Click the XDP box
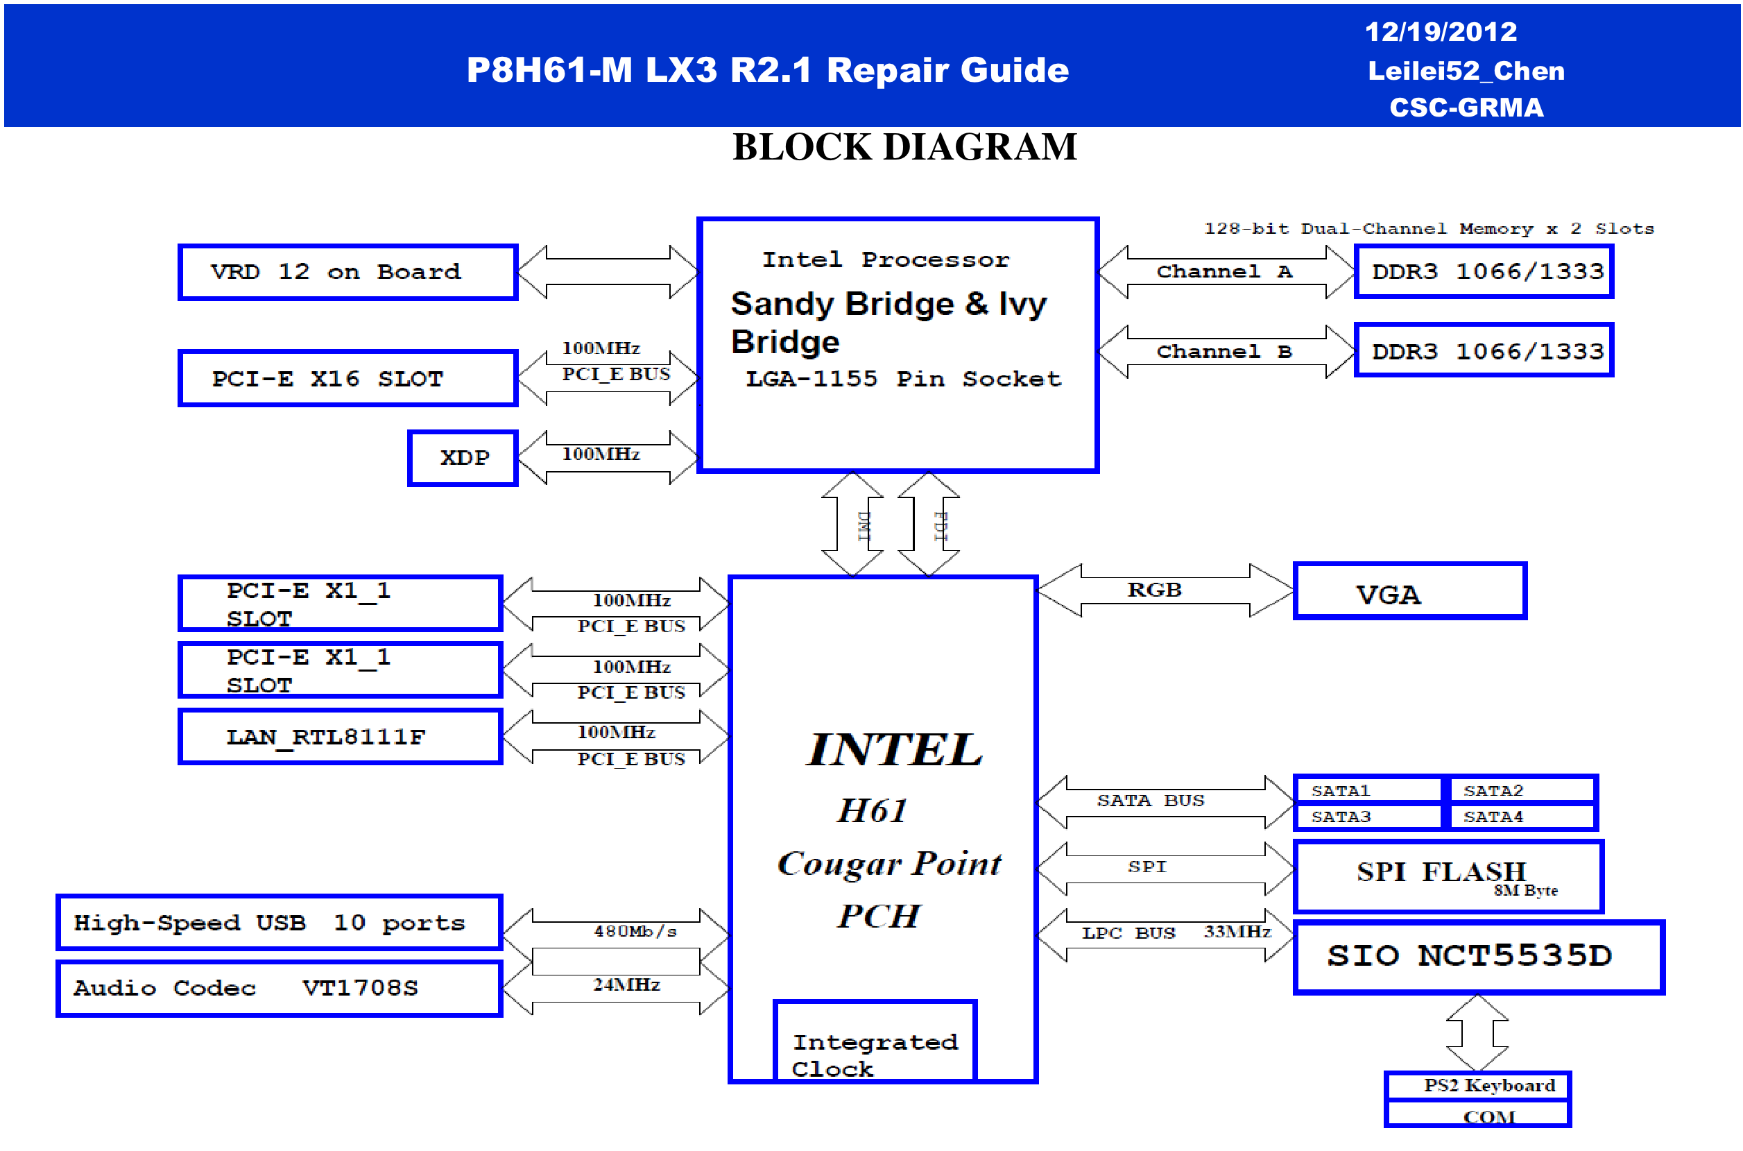pos(463,458)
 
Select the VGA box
pos(1409,592)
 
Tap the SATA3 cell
pos(1368,817)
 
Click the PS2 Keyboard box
pos(1477,1085)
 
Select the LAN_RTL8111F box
pos(340,736)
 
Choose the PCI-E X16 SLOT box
pos(348,379)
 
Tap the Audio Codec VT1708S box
pos(279,988)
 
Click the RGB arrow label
pos(1153,590)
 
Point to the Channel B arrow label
pos(1223,352)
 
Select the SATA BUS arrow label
pos(1150,800)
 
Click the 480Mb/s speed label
pos(635,932)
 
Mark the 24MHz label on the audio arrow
pos(626,985)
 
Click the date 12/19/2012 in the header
pos(1440,31)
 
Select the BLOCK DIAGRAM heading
pos(904,147)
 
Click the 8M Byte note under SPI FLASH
pos(1525,890)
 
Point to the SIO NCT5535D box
pos(1477,957)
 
